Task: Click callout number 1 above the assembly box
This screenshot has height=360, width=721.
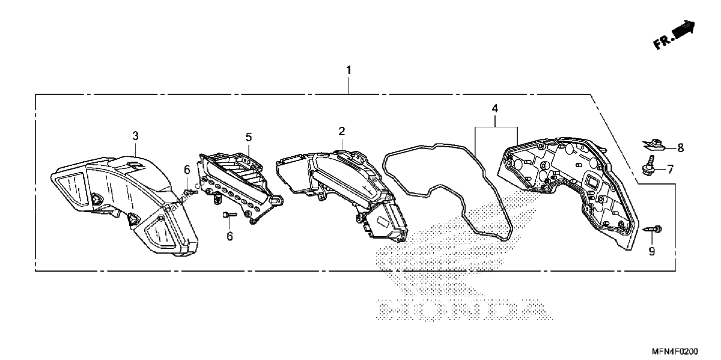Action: (348, 70)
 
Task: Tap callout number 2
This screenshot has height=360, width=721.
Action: (342, 131)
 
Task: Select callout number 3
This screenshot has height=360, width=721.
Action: (136, 136)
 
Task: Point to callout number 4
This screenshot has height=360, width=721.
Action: (495, 109)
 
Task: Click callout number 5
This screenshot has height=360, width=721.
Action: (249, 137)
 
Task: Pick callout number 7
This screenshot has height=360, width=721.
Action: (670, 169)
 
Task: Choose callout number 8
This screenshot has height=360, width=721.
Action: (680, 148)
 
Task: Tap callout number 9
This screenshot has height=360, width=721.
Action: (652, 251)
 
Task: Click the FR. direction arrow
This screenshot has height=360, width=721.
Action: (674, 35)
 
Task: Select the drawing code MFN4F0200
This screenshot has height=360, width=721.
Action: (675, 351)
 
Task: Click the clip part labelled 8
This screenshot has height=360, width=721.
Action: (654, 145)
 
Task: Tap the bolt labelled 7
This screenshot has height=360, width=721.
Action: (648, 165)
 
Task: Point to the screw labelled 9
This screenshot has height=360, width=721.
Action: (653, 230)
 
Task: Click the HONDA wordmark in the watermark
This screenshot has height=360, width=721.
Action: (463, 310)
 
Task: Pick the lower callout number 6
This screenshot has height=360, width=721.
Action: (230, 236)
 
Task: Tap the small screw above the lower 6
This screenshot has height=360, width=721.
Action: (230, 214)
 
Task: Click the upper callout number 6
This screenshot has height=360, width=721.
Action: (187, 169)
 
